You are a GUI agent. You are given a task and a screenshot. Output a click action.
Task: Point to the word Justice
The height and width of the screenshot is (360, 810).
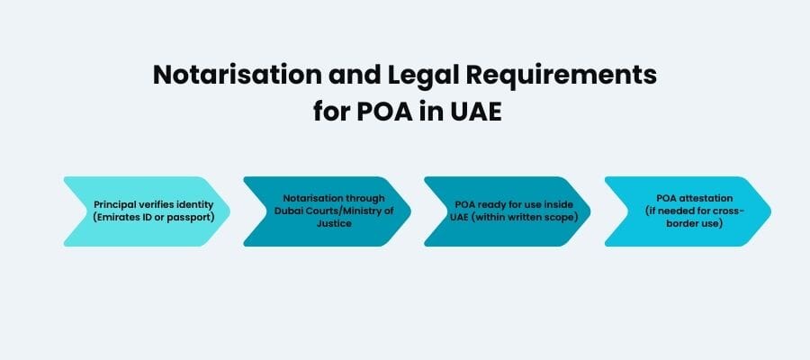(x=327, y=223)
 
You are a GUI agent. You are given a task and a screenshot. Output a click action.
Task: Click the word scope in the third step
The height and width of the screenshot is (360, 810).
(x=565, y=217)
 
